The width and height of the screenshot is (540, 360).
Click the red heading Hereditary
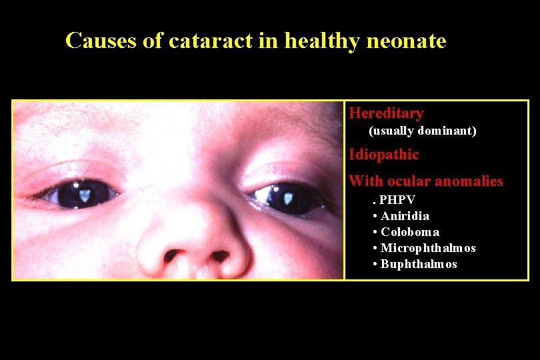click(386, 113)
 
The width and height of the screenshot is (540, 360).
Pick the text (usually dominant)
click(423, 131)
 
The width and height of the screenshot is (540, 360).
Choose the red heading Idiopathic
click(384, 155)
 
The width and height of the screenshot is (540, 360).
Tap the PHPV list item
click(397, 200)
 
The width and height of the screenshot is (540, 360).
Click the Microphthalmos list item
click(427, 248)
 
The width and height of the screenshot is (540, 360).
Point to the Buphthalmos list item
click(418, 264)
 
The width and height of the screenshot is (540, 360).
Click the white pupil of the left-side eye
click(85, 194)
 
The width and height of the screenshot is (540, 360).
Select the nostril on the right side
click(220, 255)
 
